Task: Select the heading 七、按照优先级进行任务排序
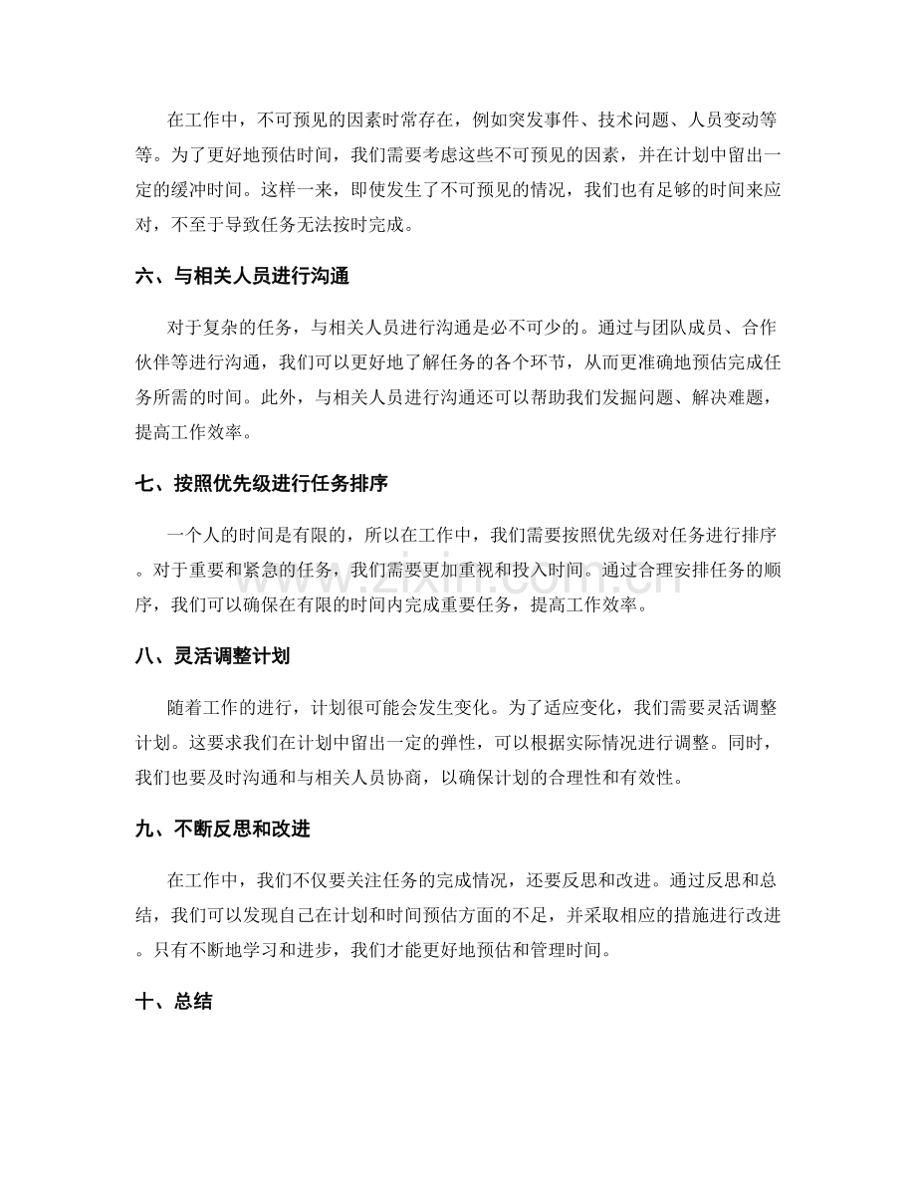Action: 261,485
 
